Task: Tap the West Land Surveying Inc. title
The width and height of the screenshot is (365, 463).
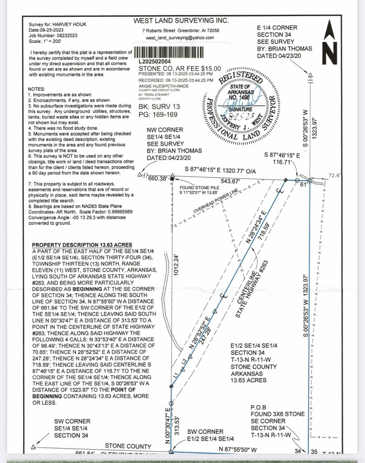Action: click(181, 20)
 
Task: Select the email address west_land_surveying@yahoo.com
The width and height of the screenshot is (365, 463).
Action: click(180, 38)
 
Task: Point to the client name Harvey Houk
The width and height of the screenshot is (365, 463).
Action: click(69, 24)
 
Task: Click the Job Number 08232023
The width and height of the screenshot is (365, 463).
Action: click(67, 36)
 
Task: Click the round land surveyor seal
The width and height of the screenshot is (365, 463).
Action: click(240, 106)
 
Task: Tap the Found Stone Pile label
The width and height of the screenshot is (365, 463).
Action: click(199, 188)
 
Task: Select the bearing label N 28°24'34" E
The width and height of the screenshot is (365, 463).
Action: click(256, 227)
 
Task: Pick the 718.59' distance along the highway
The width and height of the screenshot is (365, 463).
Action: click(264, 231)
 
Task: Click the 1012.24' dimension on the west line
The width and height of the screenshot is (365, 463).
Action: click(176, 265)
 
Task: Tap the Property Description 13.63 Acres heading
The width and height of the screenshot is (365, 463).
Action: click(82, 245)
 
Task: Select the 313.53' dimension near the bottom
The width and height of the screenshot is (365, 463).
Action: click(177, 426)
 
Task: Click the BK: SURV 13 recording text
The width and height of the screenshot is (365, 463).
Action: click(159, 107)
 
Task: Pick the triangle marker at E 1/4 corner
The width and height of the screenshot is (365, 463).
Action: click(310, 75)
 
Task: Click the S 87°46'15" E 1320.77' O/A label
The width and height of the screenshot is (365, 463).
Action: click(220, 170)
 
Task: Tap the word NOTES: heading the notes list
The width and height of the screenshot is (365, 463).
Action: click(36, 89)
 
